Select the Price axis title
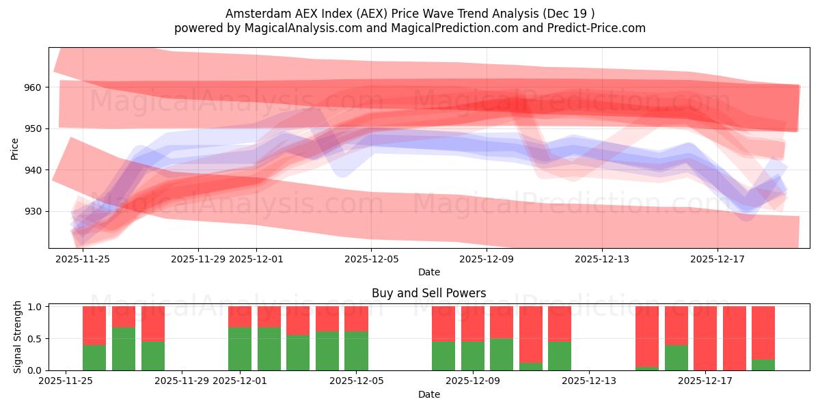[x=15, y=148]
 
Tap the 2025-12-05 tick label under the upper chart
[x=371, y=259]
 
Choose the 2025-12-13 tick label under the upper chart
[x=602, y=259]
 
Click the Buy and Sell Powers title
[x=428, y=293]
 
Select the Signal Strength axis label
[x=18, y=337]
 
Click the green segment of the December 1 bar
[x=240, y=348]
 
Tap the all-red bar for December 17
[x=705, y=338]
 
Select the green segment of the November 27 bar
[x=124, y=348]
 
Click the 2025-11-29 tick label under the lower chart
[x=182, y=381]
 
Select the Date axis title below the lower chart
[x=428, y=394]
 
